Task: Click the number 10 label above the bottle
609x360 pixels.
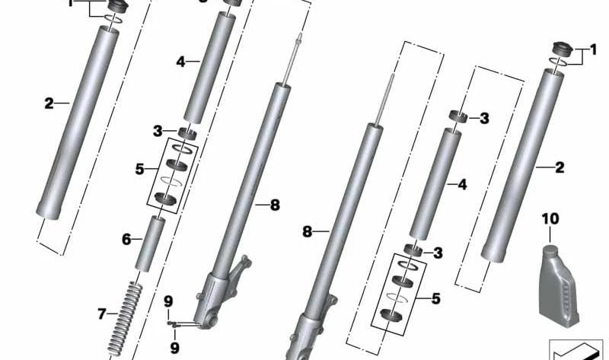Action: click(x=550, y=219)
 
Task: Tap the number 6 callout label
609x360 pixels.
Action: click(x=126, y=239)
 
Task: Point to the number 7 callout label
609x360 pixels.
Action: click(x=103, y=313)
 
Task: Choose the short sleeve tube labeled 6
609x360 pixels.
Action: click(x=150, y=244)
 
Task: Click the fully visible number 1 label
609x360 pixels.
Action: click(x=590, y=52)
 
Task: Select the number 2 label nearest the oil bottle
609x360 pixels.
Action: click(x=560, y=167)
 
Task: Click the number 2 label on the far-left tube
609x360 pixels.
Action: click(x=49, y=103)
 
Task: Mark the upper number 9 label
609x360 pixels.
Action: click(x=169, y=299)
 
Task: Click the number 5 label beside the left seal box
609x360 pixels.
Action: click(x=139, y=168)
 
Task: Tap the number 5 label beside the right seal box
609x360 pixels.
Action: click(x=435, y=298)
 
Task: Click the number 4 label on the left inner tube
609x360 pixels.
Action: click(x=180, y=62)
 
